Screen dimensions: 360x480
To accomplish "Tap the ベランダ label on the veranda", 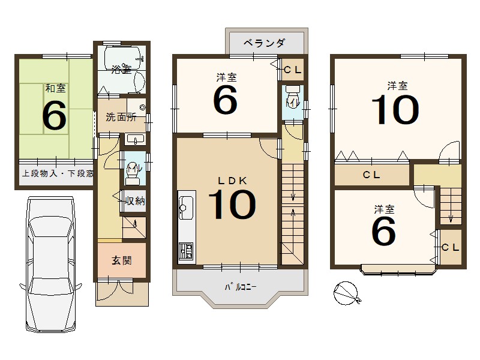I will pos(264,43).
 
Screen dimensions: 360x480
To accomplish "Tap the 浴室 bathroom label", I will pos(121,70).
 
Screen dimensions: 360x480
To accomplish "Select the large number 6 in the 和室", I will pos(54,115).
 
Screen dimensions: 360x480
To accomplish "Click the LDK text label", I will pos(229,180).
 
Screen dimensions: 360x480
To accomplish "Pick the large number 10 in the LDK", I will pos(231,205).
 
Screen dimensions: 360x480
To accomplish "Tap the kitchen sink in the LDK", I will pos(185,204).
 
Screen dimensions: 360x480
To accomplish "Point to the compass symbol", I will pos(347,294).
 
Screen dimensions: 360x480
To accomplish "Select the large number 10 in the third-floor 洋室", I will pos(394,110).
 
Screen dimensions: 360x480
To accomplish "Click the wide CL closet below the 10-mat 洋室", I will pos(372,176).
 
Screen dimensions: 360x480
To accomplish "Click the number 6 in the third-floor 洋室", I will pos(384,231).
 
